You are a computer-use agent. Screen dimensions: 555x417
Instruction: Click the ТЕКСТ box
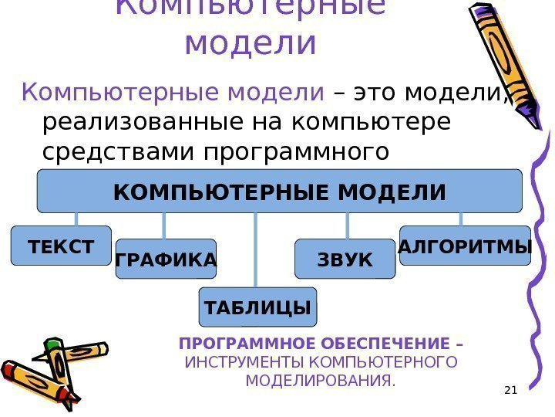click(x=61, y=246)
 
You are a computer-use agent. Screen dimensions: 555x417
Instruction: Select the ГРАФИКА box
click(x=166, y=259)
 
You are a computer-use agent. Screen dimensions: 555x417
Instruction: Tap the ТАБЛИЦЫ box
click(x=257, y=307)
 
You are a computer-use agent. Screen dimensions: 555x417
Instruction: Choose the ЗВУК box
click(x=345, y=259)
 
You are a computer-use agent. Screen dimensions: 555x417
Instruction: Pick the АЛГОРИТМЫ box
click(x=466, y=246)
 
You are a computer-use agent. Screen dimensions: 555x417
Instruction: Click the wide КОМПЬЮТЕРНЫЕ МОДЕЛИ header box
click(x=279, y=192)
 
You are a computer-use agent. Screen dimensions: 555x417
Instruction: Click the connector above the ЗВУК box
click(x=348, y=225)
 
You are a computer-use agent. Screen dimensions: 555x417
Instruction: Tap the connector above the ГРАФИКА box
click(x=164, y=225)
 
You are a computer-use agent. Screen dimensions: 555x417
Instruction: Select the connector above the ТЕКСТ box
click(x=76, y=219)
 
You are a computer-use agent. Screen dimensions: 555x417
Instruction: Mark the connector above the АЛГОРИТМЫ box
click(x=460, y=219)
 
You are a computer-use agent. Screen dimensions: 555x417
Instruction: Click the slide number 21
click(x=509, y=389)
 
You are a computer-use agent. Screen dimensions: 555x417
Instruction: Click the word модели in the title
click(x=251, y=43)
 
